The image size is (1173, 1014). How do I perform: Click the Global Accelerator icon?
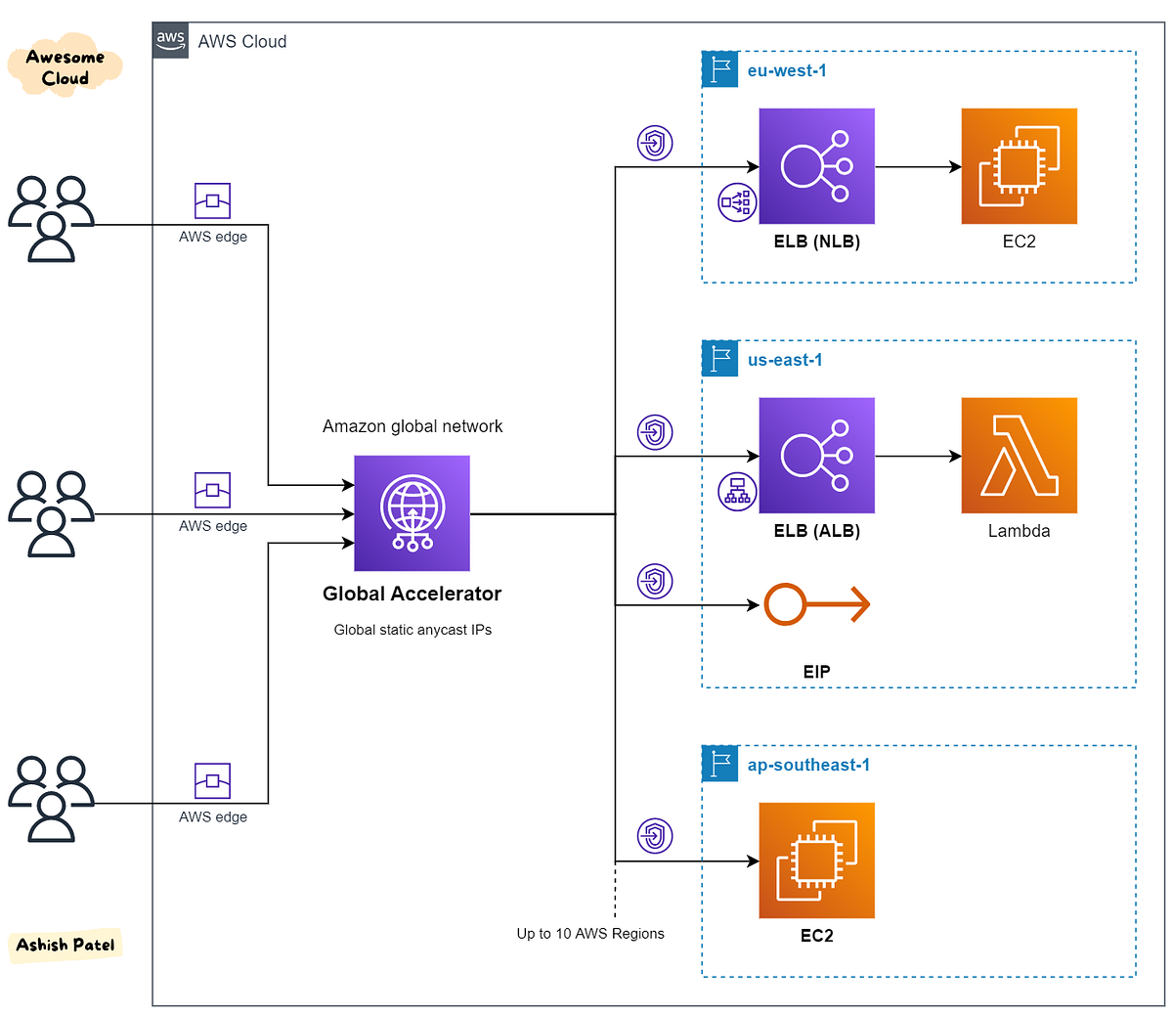(x=412, y=513)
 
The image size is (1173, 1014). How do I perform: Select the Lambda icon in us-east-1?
(x=1019, y=456)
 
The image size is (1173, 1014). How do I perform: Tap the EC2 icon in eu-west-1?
(x=1019, y=166)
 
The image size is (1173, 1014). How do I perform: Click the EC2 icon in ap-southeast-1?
(x=816, y=860)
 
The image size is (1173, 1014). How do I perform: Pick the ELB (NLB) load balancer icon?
(x=816, y=166)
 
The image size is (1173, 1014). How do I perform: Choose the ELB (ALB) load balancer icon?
(x=816, y=456)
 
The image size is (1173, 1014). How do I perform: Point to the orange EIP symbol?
(x=816, y=604)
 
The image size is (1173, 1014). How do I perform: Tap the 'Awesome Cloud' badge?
(x=65, y=67)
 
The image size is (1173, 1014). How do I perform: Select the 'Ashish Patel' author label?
(x=65, y=945)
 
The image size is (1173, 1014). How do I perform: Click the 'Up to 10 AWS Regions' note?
(x=590, y=934)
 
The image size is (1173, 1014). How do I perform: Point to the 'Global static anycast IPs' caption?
(x=413, y=630)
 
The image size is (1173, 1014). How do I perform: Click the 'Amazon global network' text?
(x=413, y=426)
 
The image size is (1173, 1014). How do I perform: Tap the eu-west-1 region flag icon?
(x=720, y=70)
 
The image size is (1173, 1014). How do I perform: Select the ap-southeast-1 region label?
(x=808, y=765)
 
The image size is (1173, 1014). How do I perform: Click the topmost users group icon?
(x=52, y=219)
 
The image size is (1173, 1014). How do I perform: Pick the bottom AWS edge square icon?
(x=212, y=781)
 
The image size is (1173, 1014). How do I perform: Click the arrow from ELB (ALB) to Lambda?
(x=918, y=456)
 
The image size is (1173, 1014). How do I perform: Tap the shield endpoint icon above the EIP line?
(x=655, y=581)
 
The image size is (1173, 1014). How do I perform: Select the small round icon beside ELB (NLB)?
(x=737, y=202)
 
